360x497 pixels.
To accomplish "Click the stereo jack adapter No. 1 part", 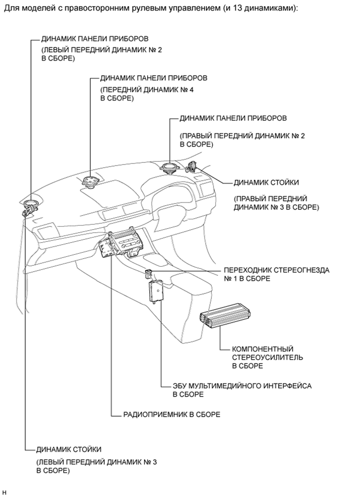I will (149, 272).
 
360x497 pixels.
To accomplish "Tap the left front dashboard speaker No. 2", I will (30, 204).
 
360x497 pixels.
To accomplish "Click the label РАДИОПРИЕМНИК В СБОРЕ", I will (171, 415).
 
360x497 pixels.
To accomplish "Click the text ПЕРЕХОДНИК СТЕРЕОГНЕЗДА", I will (277, 270).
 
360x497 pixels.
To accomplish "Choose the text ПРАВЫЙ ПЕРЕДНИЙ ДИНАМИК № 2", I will (242, 135).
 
